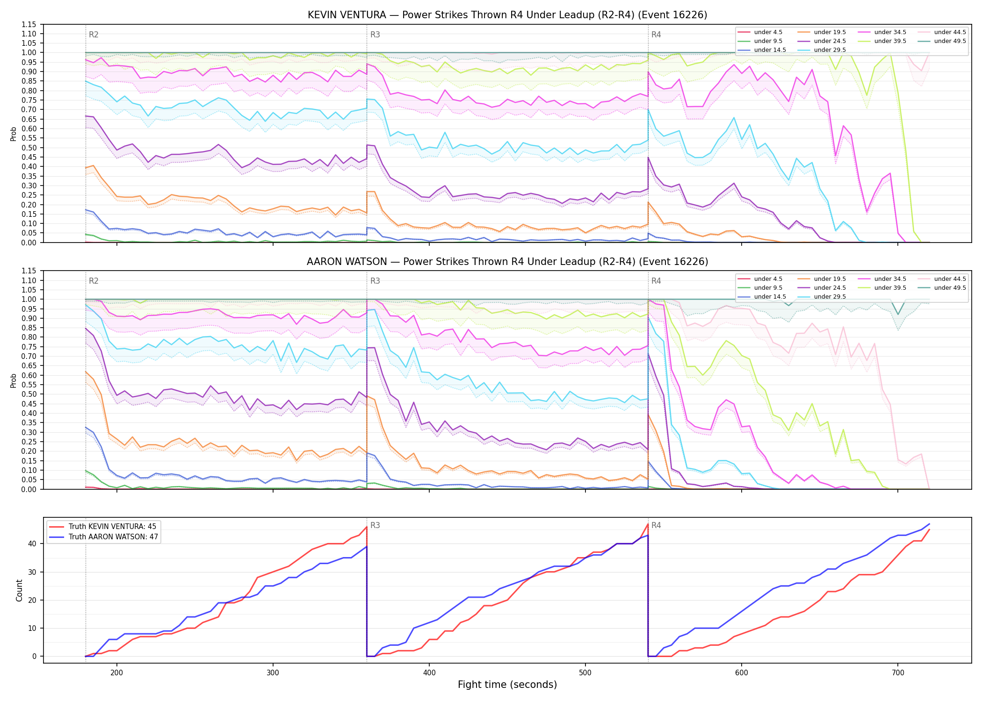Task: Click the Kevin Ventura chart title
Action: click(x=507, y=15)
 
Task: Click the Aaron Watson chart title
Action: click(x=507, y=262)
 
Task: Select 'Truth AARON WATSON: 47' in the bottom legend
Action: click(x=104, y=536)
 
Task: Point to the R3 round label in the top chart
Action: click(x=375, y=35)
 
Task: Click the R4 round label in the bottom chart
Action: click(x=656, y=525)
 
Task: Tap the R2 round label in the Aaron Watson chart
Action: click(x=94, y=281)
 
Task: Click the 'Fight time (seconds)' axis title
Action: click(x=507, y=685)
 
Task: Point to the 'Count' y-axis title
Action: click(x=19, y=590)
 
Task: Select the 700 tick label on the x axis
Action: click(x=898, y=672)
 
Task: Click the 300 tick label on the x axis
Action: click(x=273, y=672)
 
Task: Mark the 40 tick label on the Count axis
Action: click(x=32, y=544)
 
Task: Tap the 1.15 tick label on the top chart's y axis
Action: click(x=29, y=24)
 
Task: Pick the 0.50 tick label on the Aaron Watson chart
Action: click(x=29, y=394)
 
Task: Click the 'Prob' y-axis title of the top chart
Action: click(x=14, y=134)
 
